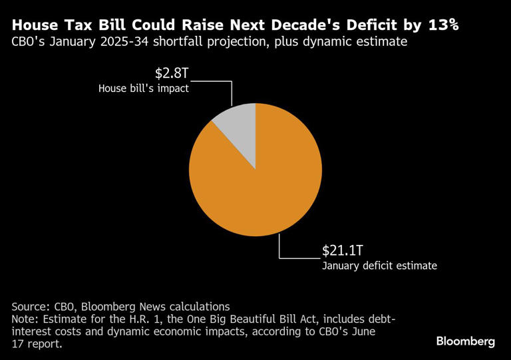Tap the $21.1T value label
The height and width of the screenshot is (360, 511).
pos(342,250)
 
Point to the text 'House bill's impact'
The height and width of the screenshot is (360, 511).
pos(143,88)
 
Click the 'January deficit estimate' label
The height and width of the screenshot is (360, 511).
pos(379,266)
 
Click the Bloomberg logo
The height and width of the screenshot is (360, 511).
pos(465,341)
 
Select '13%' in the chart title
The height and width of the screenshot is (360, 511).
pos(439,25)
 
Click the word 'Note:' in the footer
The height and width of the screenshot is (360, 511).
pos(26,319)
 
